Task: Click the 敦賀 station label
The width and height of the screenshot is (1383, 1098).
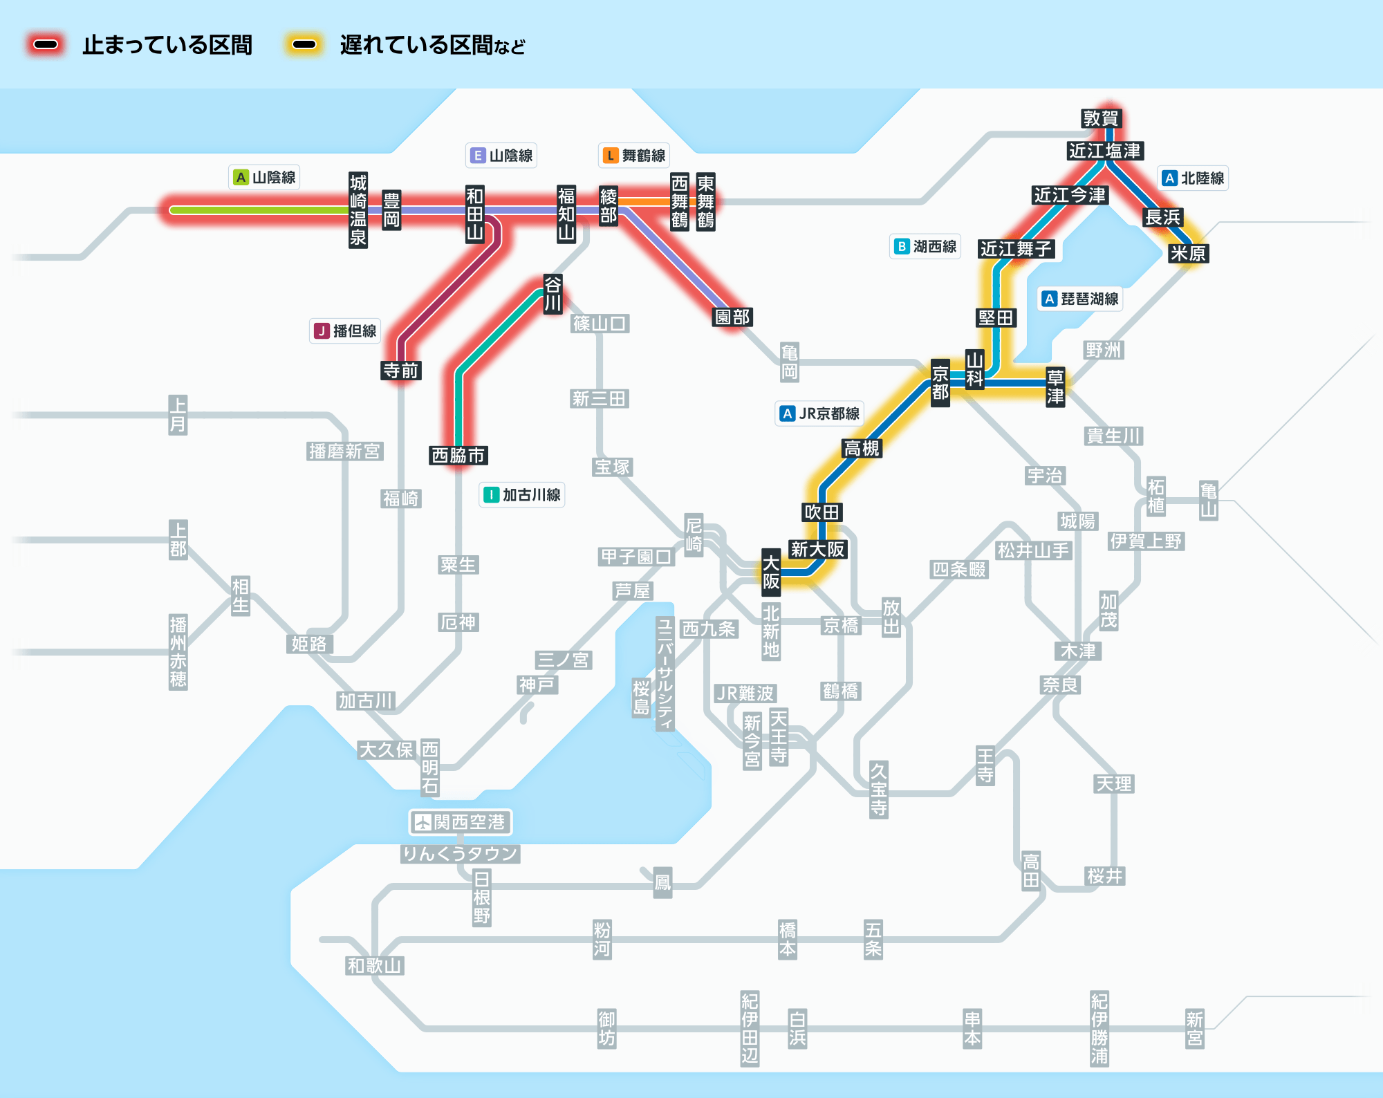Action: [1100, 118]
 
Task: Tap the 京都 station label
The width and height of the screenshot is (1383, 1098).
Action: [940, 383]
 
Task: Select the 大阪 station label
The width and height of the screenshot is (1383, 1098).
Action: [771, 572]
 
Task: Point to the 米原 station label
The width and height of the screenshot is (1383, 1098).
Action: [1187, 253]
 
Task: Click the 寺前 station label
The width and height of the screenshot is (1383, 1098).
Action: [401, 371]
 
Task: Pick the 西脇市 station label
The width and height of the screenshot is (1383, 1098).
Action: [458, 455]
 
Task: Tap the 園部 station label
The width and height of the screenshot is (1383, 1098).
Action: [732, 317]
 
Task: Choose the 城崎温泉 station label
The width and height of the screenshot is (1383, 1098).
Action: [358, 210]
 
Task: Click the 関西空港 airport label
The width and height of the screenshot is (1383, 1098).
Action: [461, 822]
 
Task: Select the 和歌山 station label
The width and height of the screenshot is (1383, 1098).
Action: [374, 965]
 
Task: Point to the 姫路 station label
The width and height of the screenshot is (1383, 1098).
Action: [309, 644]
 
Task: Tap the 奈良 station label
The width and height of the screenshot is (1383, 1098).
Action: [1060, 685]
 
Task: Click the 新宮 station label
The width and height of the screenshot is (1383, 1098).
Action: [1194, 1028]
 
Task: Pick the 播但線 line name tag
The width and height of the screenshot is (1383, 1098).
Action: [345, 331]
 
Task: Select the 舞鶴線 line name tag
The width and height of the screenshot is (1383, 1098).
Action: [634, 156]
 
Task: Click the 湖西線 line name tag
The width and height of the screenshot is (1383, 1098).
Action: [925, 246]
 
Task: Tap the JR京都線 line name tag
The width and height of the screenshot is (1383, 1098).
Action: [819, 413]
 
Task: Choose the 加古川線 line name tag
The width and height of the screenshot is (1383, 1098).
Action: [522, 495]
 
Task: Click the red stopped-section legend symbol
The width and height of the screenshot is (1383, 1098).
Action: [46, 45]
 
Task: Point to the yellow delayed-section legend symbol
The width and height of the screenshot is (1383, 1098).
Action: [304, 45]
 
